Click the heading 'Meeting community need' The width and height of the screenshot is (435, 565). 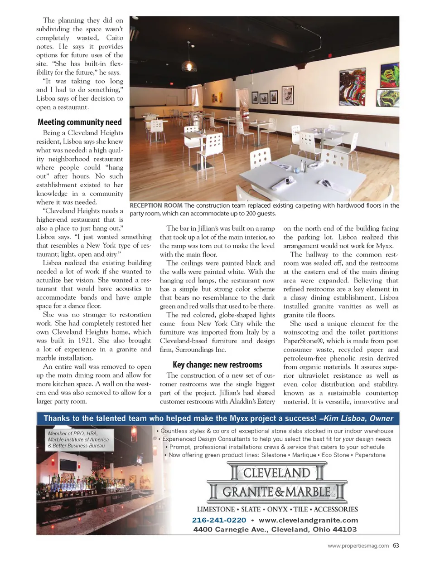(x=80, y=122)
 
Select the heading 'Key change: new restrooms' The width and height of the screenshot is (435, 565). (x=217, y=365)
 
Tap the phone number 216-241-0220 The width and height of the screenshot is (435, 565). (x=219, y=520)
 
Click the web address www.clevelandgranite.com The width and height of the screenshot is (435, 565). (x=308, y=520)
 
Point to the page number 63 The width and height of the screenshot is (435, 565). (x=396, y=546)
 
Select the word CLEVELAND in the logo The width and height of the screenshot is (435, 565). (x=276, y=473)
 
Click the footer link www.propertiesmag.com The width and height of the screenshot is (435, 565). (x=358, y=546)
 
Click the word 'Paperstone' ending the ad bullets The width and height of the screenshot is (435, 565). (x=370, y=455)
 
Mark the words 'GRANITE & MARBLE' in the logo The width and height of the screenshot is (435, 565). (x=276, y=492)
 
